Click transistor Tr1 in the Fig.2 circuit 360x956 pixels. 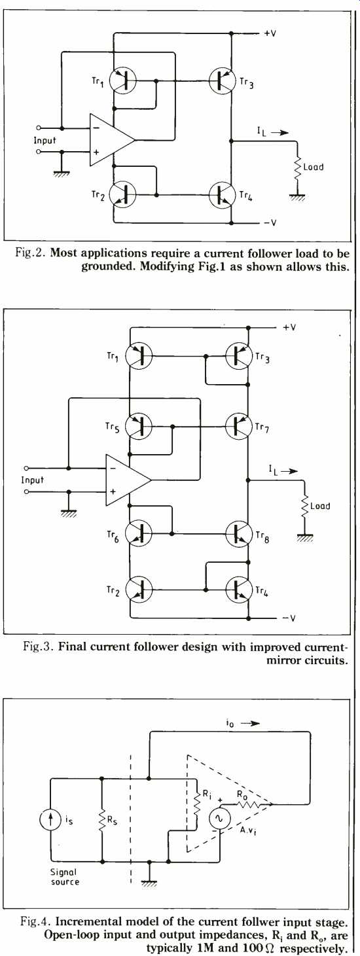122,80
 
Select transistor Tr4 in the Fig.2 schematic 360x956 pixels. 222,194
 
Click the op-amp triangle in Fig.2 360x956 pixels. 113,139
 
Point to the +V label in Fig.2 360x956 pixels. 270,33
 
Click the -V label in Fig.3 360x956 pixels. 289,618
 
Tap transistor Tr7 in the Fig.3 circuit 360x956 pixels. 238,426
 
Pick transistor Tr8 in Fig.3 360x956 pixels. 238,533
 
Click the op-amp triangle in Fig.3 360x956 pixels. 128,480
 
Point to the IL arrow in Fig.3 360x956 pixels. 289,471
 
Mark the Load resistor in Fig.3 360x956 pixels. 305,506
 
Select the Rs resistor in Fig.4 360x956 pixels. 101,820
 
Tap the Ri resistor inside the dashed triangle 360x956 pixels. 197,804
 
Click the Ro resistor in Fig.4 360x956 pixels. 247,804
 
